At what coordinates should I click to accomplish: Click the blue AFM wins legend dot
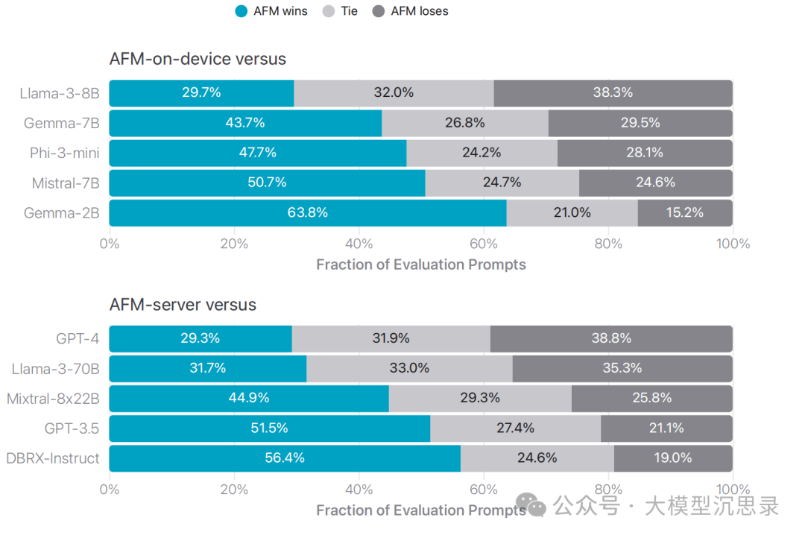pyautogui.click(x=241, y=11)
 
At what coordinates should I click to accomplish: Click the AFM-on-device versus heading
pyautogui.click(x=198, y=59)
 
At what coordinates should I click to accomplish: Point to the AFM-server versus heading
pyautogui.click(x=183, y=305)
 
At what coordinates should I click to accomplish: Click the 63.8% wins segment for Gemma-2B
pyautogui.click(x=308, y=212)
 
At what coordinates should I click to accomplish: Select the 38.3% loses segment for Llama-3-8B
pyautogui.click(x=613, y=93)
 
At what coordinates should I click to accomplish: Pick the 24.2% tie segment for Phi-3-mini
pyautogui.click(x=482, y=153)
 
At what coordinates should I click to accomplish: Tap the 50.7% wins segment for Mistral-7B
pyautogui.click(x=267, y=183)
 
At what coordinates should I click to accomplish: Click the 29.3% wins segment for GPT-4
pyautogui.click(x=201, y=338)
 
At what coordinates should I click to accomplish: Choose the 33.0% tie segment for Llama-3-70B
pyautogui.click(x=409, y=368)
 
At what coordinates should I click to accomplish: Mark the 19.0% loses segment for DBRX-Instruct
pyautogui.click(x=673, y=458)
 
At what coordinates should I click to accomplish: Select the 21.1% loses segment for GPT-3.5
pyautogui.click(x=666, y=428)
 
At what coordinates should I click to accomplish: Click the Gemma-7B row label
pyautogui.click(x=62, y=123)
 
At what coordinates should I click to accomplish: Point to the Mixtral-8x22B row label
pyautogui.click(x=53, y=399)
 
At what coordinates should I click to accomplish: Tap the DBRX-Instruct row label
pyautogui.click(x=52, y=458)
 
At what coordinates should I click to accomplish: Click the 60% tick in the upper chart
pyautogui.click(x=484, y=244)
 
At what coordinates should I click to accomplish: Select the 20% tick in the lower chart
pyautogui.click(x=234, y=490)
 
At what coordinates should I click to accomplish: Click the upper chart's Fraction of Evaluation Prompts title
pyautogui.click(x=421, y=265)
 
